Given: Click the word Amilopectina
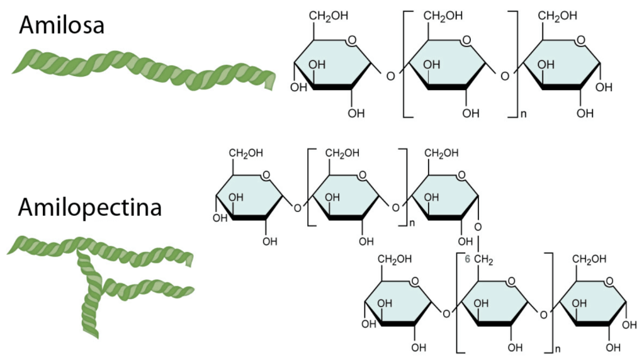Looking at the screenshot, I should click(89, 207).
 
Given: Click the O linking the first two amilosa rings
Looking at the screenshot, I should click(390, 77).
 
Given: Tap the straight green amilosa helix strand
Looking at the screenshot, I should click(145, 69).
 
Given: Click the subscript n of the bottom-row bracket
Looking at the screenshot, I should click(556, 347).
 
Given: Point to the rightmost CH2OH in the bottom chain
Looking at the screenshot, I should click(592, 259).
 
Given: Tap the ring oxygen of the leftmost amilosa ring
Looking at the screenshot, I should click(351, 42).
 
